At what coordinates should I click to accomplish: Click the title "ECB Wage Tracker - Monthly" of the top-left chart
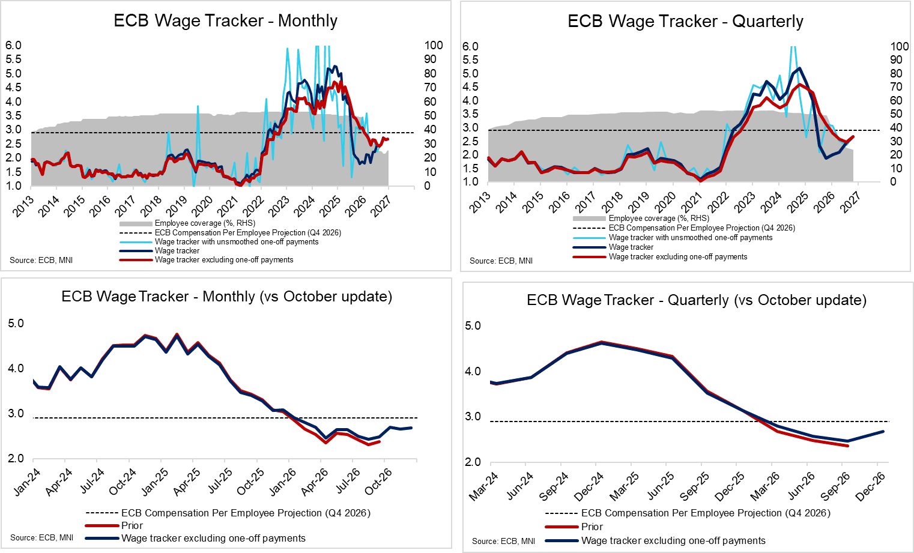225,20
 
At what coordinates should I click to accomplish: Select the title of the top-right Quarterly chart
685,22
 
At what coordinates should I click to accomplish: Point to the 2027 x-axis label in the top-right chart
850,202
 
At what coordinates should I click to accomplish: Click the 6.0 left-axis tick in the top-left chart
13,46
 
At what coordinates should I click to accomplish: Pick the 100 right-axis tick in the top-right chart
899,46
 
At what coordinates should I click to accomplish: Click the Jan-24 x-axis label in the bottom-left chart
27,482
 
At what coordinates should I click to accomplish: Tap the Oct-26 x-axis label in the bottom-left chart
378,482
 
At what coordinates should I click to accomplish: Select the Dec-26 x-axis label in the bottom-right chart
871,486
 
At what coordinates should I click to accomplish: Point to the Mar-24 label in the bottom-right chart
484,486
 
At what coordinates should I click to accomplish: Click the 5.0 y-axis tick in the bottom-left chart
16,324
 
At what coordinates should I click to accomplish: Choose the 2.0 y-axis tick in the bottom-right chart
473,462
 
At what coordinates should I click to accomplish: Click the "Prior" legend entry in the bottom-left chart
132,525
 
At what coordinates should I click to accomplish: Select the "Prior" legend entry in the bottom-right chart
592,527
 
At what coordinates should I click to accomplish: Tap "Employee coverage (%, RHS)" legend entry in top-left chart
205,223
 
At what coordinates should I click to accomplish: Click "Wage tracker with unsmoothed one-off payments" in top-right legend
691,238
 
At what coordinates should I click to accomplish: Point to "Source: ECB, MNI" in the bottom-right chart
503,541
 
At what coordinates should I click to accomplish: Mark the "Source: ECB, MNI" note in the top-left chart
41,260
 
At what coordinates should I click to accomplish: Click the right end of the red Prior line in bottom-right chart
847,446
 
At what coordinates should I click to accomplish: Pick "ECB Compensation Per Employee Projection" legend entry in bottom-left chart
246,513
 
